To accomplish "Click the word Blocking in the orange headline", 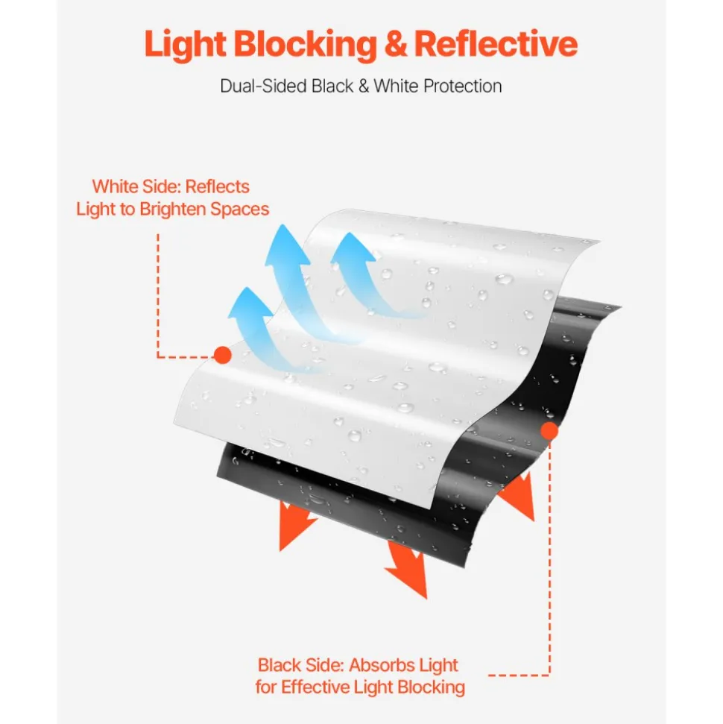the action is (x=306, y=45).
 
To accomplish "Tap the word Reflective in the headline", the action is (x=496, y=44).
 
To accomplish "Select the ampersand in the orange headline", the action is (x=396, y=45).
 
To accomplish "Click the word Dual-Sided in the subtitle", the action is (x=262, y=86).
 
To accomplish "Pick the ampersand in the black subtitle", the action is (x=364, y=86).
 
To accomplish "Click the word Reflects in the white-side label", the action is (x=217, y=186).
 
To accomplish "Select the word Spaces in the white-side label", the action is (x=239, y=210).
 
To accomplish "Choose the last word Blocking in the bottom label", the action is (x=432, y=687).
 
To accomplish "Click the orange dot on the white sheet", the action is (x=223, y=355).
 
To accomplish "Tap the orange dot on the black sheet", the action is (x=549, y=431).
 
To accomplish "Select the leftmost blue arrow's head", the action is (x=250, y=303).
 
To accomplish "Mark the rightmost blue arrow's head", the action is (x=353, y=249).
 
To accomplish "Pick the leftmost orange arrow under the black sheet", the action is (x=294, y=526).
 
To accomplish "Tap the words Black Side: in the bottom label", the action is (x=301, y=665).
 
